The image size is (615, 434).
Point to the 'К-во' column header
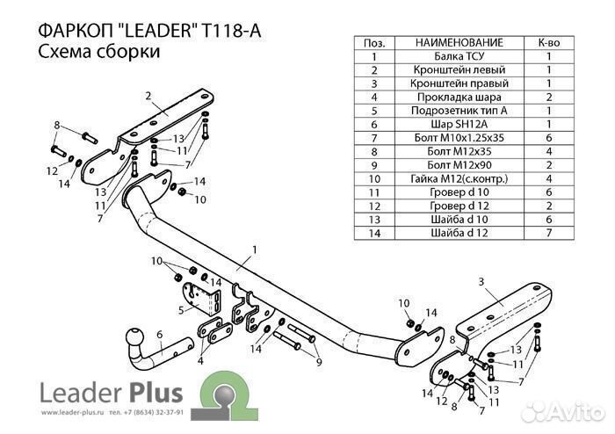(548, 42)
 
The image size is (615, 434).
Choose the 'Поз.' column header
(374, 42)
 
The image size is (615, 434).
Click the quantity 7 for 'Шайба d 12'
(548, 234)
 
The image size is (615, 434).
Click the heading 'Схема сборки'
(98, 53)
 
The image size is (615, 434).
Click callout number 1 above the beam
(254, 250)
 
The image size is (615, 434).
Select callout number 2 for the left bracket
(148, 96)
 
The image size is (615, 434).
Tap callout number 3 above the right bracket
(481, 281)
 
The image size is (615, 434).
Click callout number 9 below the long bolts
(318, 361)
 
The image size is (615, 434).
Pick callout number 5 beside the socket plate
(179, 309)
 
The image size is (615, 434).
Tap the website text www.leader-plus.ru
(68, 411)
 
